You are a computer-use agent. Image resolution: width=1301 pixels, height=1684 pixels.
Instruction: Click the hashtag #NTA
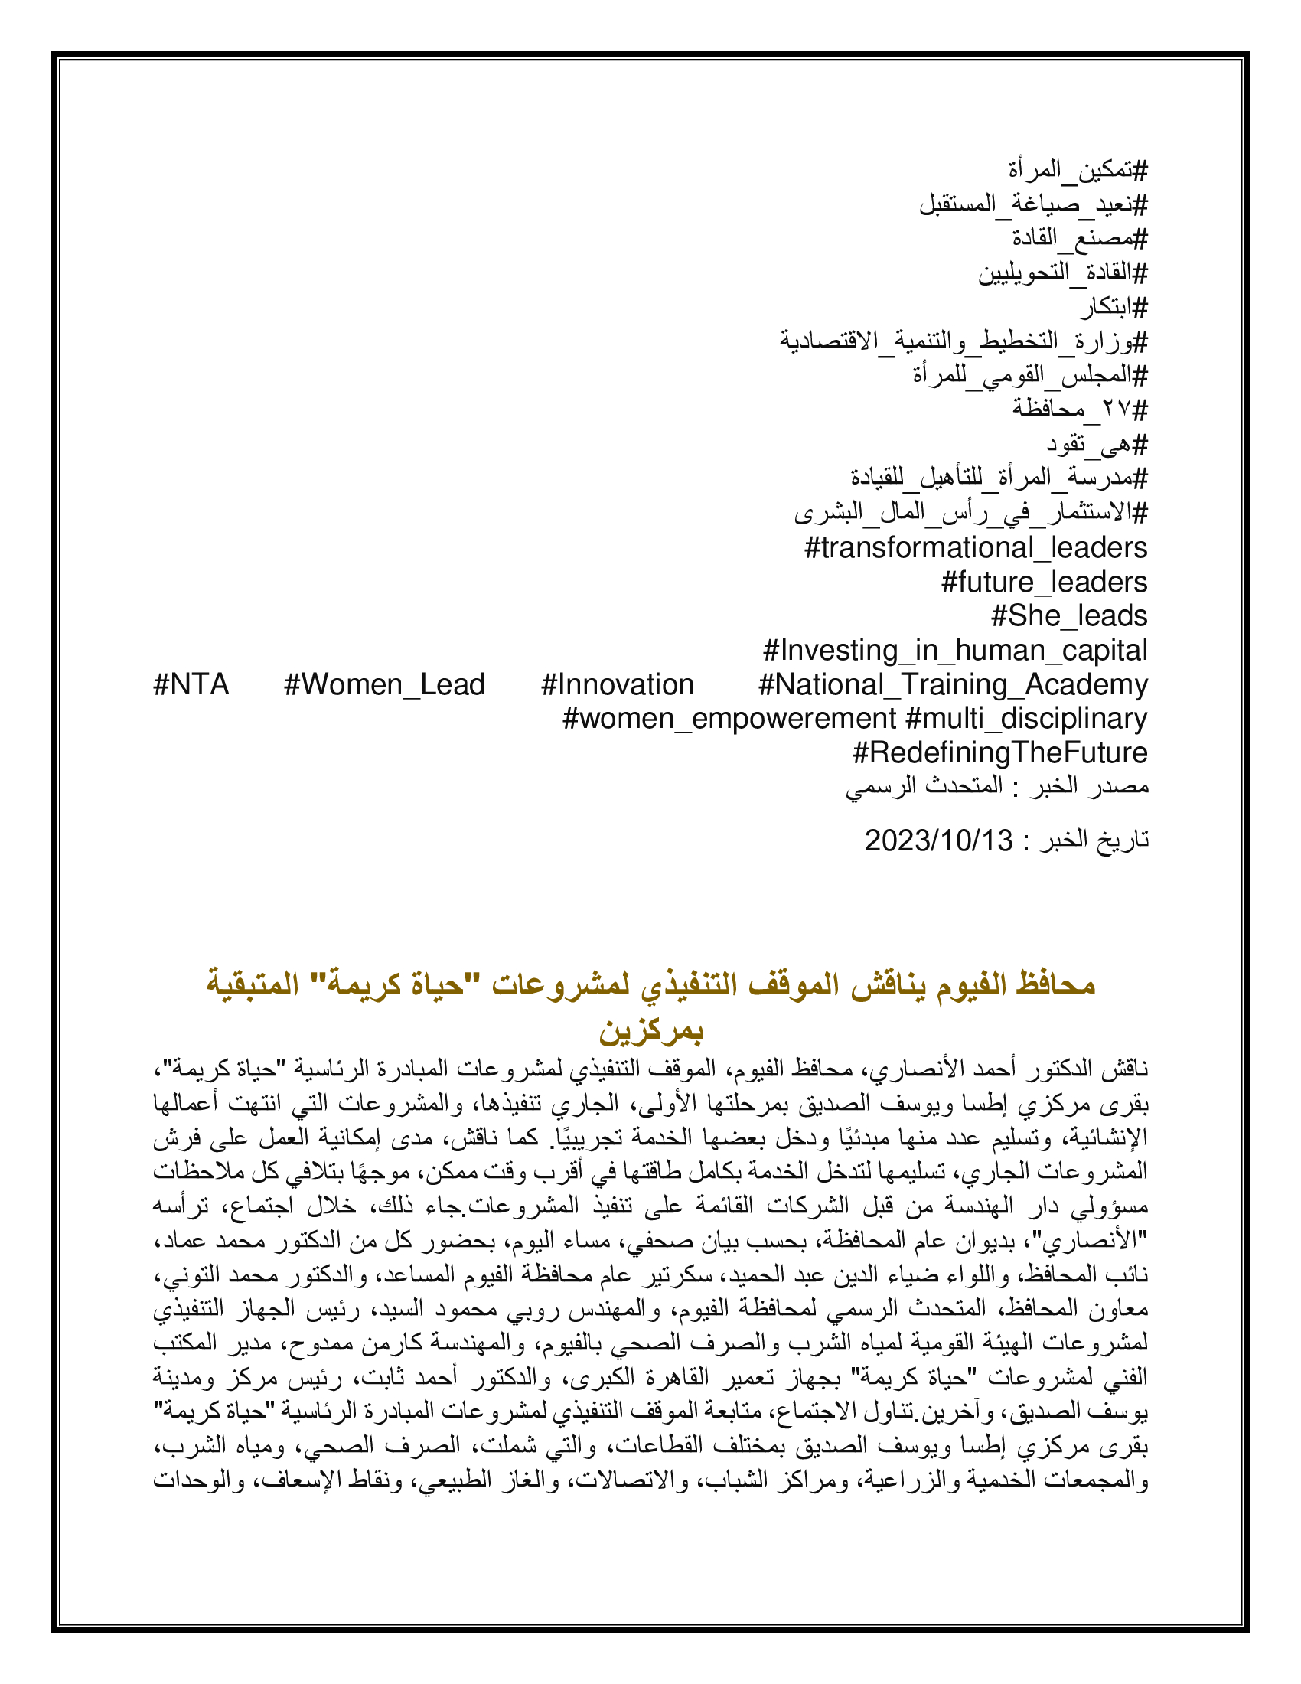191,685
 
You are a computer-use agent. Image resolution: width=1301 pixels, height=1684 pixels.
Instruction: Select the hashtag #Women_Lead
384,685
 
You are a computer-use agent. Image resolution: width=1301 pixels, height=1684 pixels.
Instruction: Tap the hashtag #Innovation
618,685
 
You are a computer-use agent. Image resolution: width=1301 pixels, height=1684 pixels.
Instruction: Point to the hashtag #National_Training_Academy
953,685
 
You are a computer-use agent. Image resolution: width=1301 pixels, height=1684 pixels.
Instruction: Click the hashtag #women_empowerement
729,719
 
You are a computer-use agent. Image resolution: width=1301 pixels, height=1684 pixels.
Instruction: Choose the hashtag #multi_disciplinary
1025,719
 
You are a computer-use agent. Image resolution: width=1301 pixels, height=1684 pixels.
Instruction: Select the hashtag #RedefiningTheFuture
999,752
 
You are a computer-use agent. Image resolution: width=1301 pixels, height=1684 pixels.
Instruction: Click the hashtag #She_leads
1069,616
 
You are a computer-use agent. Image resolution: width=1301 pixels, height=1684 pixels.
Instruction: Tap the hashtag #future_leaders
1045,583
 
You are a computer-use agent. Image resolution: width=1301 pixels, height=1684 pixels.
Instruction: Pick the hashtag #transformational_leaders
975,548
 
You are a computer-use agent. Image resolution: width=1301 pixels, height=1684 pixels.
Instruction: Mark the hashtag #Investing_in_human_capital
955,651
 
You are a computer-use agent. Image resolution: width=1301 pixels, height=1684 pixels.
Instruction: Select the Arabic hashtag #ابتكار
1113,308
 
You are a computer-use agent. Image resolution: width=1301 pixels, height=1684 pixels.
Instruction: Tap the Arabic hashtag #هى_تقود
1096,444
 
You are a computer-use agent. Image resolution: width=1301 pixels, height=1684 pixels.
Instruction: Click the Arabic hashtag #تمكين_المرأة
1078,170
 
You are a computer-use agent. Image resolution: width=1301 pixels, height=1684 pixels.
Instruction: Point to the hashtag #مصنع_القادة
1079,238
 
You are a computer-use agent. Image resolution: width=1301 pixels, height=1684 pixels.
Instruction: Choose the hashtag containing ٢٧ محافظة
1080,409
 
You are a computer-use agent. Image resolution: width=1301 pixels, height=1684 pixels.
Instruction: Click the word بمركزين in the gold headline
650,1031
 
